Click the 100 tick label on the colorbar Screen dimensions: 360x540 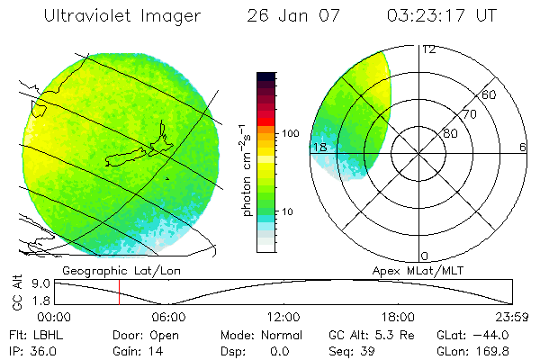click(x=290, y=133)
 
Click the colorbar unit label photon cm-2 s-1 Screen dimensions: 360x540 click(x=244, y=166)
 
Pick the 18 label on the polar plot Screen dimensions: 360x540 click(x=319, y=147)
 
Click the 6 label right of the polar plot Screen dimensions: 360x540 click(x=523, y=147)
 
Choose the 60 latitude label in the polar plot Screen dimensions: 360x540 click(x=490, y=94)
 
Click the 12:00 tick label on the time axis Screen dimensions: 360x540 click(x=283, y=317)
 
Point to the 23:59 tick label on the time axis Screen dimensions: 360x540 click(x=512, y=317)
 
